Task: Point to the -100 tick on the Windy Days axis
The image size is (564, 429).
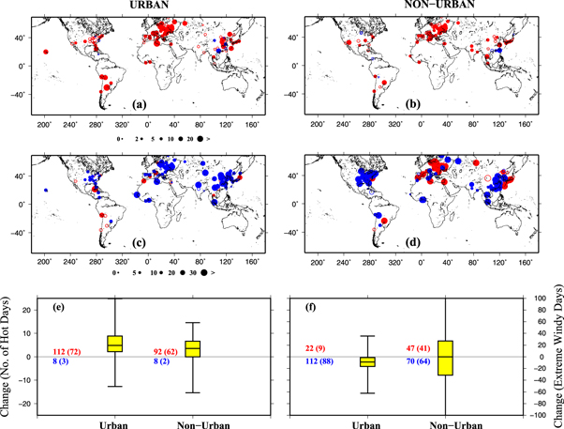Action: pos(537,415)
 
